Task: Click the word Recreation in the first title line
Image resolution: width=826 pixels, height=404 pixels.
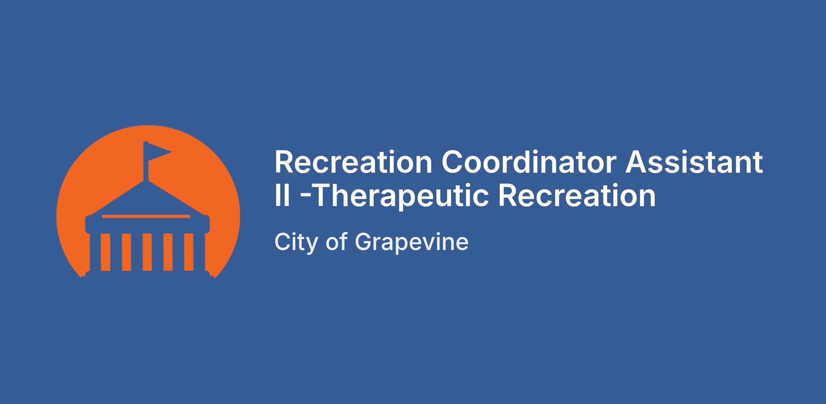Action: [353, 162]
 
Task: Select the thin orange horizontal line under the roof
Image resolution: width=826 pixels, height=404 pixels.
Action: [146, 216]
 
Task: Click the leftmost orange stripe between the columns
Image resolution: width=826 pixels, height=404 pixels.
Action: [105, 252]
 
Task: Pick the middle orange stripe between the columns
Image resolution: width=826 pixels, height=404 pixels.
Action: [147, 252]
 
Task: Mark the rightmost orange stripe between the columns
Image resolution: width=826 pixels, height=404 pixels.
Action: [189, 252]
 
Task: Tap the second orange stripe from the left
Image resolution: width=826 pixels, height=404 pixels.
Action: [126, 252]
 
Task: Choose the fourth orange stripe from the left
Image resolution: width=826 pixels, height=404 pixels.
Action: [168, 252]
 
